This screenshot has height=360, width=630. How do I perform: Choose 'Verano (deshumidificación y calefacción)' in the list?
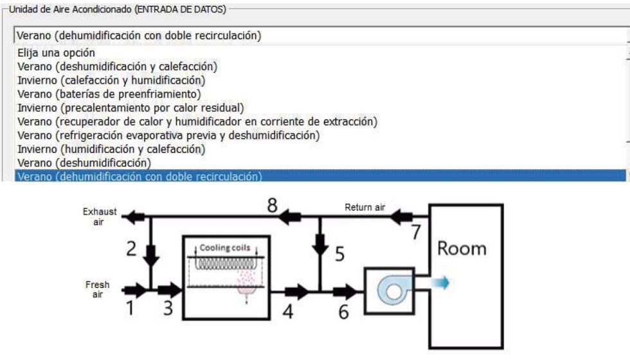(x=117, y=67)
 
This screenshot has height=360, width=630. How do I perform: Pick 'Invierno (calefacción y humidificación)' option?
(x=111, y=80)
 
